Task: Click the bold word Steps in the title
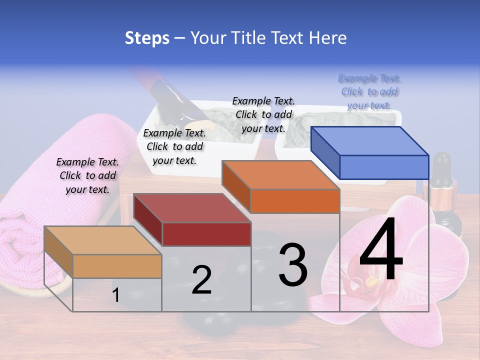click(x=147, y=38)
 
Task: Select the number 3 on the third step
click(x=293, y=265)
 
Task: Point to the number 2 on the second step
click(x=201, y=280)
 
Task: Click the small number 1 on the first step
click(x=116, y=295)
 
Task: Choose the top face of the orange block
click(x=280, y=174)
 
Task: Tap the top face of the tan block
click(x=103, y=240)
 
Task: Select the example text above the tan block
click(x=87, y=175)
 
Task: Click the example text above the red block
click(x=174, y=146)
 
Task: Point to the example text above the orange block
click(x=263, y=114)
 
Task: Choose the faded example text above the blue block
click(x=369, y=91)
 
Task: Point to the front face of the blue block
click(x=384, y=167)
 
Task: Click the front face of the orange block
click(x=295, y=201)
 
